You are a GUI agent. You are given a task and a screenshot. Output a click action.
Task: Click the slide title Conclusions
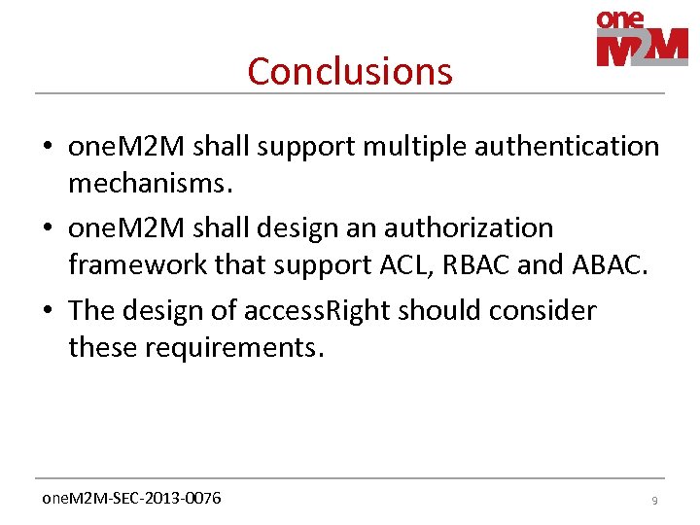tap(350, 71)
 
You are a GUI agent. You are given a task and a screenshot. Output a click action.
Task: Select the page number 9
tap(654, 500)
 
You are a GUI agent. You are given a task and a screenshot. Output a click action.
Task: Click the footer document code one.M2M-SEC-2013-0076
tap(130, 499)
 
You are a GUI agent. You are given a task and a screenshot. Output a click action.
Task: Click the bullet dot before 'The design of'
tap(48, 311)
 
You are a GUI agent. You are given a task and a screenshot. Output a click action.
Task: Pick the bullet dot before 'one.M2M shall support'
tap(48, 147)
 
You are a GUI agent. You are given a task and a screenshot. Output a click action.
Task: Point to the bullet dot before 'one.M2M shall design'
tap(48, 228)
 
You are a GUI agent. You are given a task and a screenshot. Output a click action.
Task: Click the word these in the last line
tap(103, 347)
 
